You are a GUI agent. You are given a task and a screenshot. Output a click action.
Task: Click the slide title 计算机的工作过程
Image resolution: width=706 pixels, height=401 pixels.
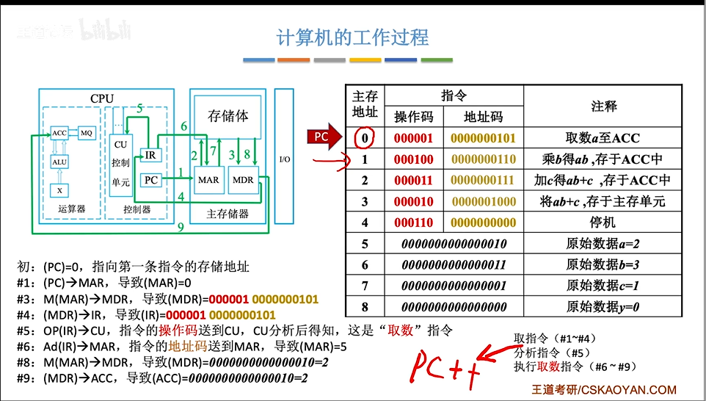[x=352, y=37]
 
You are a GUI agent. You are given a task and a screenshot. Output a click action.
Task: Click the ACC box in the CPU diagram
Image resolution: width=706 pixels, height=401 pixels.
[x=59, y=133]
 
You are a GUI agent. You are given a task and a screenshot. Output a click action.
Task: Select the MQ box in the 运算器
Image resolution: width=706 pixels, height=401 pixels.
[x=87, y=133]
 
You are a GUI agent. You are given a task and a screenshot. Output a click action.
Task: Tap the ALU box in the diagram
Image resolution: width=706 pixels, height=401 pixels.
[x=59, y=162]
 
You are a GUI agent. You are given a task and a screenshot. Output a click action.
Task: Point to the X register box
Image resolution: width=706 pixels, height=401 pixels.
[x=59, y=190]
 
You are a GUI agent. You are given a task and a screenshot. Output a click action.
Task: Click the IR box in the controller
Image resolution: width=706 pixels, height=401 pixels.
[x=149, y=155]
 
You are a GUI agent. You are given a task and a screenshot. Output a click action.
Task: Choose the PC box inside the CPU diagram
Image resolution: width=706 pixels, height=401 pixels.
[x=150, y=179]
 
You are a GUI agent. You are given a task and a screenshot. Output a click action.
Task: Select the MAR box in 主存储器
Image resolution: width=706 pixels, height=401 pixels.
[x=208, y=179]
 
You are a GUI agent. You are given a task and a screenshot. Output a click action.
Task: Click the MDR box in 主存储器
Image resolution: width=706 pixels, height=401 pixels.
[x=242, y=179]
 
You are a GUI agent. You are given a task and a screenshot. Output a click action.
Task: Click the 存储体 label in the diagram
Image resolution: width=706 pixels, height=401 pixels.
[x=228, y=116]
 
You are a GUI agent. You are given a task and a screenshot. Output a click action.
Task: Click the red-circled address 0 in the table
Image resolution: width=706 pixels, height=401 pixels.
[x=365, y=137]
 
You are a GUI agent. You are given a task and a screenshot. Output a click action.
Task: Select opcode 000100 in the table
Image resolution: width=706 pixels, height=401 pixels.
[x=414, y=159]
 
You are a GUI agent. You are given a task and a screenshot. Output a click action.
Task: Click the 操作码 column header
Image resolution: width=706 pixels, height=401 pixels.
[x=414, y=117]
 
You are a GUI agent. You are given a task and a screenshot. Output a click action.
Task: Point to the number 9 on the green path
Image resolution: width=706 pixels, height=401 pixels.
[x=181, y=228]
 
